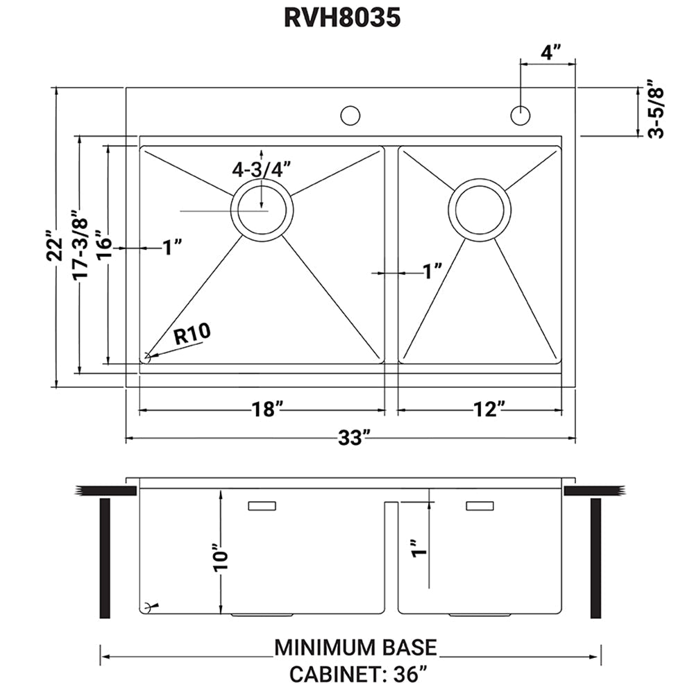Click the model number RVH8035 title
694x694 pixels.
tap(342, 18)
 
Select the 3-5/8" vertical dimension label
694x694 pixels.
tap(656, 112)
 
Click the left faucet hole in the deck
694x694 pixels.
tap(350, 115)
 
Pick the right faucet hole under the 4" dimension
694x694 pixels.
tap(520, 115)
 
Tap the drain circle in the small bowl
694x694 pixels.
tap(480, 210)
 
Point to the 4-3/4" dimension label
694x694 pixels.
tap(261, 169)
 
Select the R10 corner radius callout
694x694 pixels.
tap(192, 336)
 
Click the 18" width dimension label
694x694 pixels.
tap(267, 409)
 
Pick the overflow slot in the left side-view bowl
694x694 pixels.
tap(262, 507)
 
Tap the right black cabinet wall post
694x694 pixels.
tap(595, 558)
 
